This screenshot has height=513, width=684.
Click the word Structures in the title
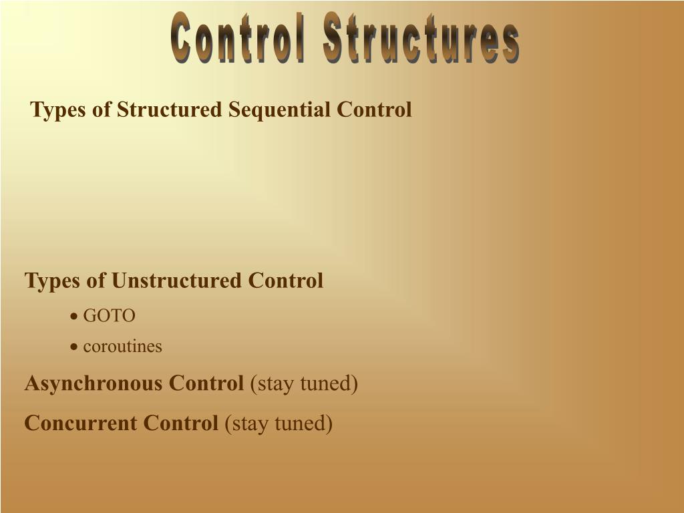pyautogui.click(x=421, y=37)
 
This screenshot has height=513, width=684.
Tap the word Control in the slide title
pyautogui.click(x=237, y=37)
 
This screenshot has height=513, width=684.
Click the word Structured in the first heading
pyautogui.click(x=169, y=109)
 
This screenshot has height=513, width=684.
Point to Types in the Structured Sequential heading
pyautogui.click(x=58, y=110)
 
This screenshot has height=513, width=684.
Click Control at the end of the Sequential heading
pyautogui.click(x=374, y=109)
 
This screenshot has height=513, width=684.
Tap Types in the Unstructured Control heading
pyautogui.click(x=52, y=281)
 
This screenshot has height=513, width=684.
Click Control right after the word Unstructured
pyautogui.click(x=286, y=280)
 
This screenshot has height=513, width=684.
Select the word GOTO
pyautogui.click(x=109, y=315)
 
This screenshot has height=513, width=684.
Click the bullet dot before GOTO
pyautogui.click(x=74, y=316)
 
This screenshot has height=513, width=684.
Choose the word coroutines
pyautogui.click(x=123, y=347)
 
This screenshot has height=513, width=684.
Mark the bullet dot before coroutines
pyautogui.click(x=74, y=347)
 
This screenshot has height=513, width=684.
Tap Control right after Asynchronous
pyautogui.click(x=206, y=383)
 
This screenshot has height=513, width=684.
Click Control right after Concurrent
pyautogui.click(x=180, y=423)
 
